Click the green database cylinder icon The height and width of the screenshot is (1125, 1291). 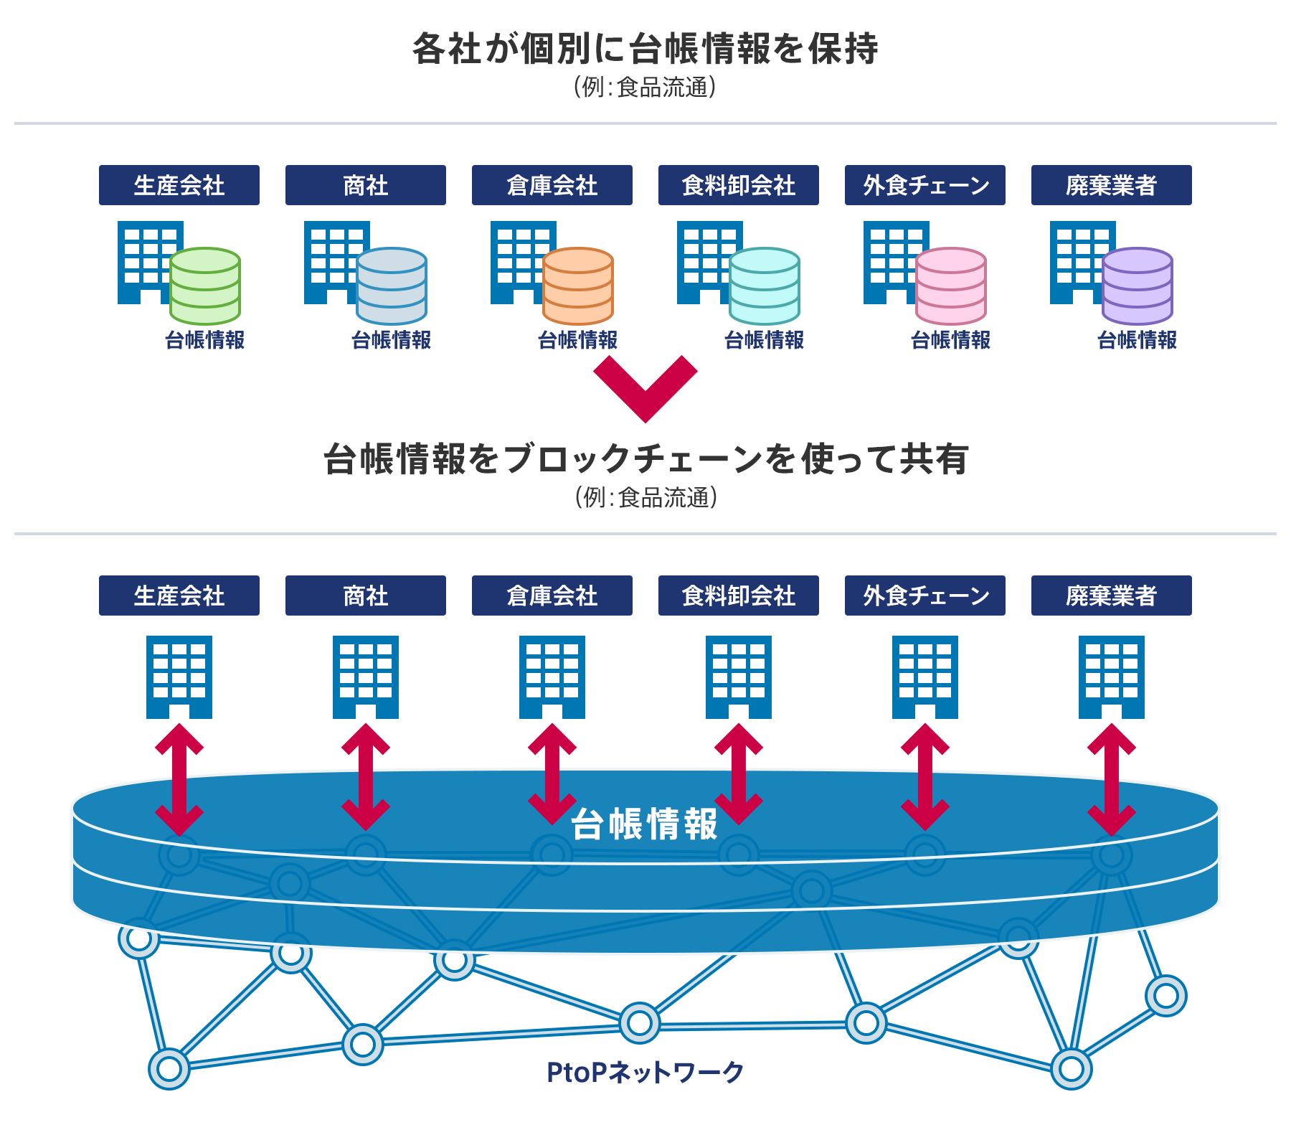[x=205, y=286]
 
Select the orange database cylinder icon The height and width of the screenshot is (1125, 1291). [x=578, y=286]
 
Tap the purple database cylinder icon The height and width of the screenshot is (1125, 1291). [x=1138, y=286]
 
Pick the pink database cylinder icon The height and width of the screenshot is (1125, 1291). [x=951, y=286]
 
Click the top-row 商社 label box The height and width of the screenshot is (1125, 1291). [x=366, y=185]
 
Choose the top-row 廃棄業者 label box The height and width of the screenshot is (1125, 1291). [x=1112, y=185]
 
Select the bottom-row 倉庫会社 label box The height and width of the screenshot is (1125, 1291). [x=552, y=596]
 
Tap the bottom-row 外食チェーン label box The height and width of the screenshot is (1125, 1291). [x=925, y=596]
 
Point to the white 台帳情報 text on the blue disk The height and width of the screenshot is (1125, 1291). [x=644, y=824]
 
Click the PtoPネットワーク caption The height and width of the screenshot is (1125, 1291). [x=645, y=1073]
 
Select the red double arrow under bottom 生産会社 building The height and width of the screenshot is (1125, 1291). [x=179, y=779]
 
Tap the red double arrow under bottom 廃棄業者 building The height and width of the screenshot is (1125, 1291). [x=1112, y=779]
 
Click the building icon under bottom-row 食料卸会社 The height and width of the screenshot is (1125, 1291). [x=739, y=677]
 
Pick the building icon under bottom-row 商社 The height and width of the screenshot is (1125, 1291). [x=366, y=677]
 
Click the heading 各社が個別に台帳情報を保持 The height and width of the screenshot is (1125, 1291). [x=645, y=49]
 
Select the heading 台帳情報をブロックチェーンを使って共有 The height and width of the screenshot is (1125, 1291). [x=645, y=459]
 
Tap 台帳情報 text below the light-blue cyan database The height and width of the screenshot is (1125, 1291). [x=765, y=340]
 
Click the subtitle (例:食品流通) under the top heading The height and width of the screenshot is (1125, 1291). [x=645, y=88]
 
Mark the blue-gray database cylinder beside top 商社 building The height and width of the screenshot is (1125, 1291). [x=392, y=286]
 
